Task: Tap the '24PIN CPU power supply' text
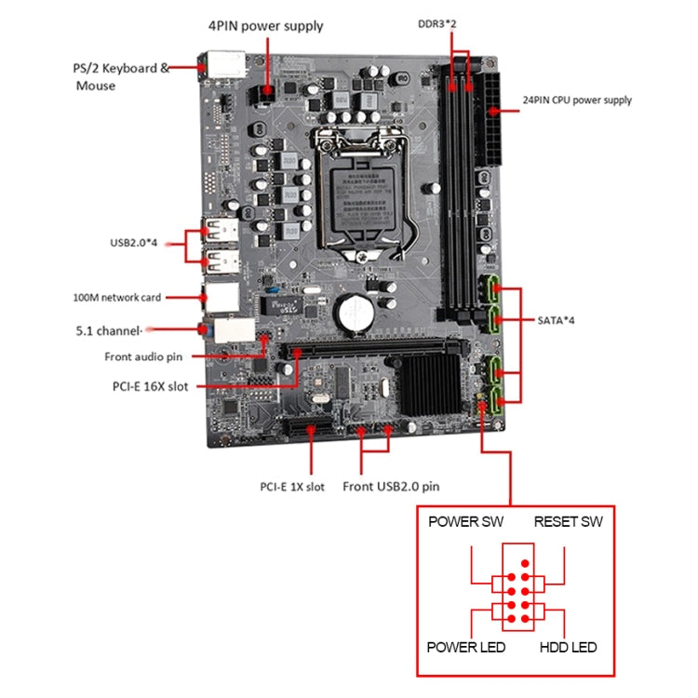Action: coord(577,100)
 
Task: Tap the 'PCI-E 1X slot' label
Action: coord(292,486)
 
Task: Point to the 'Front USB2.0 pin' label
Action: coord(391,486)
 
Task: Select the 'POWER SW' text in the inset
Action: coord(465,521)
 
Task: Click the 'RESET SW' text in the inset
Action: coord(568,521)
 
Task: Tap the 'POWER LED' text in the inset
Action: coord(465,647)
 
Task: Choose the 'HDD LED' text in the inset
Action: coord(568,647)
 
